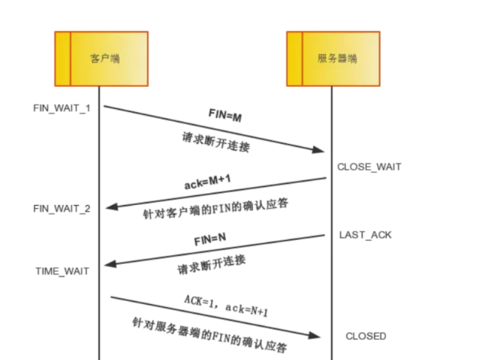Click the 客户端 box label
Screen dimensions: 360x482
(x=105, y=58)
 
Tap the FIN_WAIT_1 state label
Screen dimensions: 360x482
(x=62, y=108)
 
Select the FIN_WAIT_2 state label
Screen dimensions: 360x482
(x=62, y=209)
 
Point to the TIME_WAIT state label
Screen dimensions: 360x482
(x=62, y=271)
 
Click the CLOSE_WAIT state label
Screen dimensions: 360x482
(x=369, y=167)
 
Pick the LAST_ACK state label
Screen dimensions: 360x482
(x=365, y=235)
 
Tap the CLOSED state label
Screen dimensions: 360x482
(x=365, y=336)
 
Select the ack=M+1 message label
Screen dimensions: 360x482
(x=207, y=181)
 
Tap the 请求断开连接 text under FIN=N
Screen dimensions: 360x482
(x=211, y=265)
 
